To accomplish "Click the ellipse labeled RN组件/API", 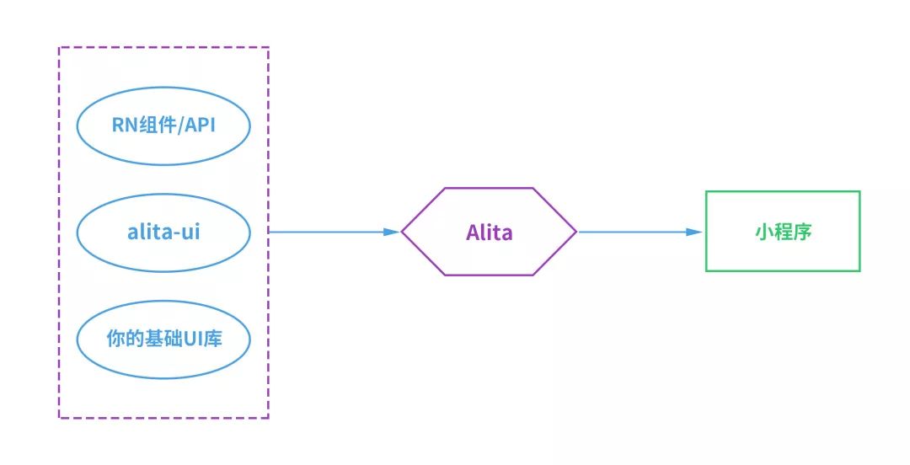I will coord(163,126).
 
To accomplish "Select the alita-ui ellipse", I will coord(163,232).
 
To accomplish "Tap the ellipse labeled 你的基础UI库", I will coord(163,338).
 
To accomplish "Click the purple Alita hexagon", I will coord(489,232).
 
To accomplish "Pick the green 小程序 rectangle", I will coord(783,231).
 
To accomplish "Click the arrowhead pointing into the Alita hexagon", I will coord(392,232).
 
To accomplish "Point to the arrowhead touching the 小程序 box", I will coord(695,232).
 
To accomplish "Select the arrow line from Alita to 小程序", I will coord(632,232).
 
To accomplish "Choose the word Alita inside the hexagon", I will coord(489,232).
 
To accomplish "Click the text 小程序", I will coord(783,232).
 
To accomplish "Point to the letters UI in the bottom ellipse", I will coord(195,339).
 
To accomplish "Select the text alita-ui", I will coord(163,232).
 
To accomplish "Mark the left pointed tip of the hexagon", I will coord(402,232).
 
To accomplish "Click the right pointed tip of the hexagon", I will coord(576,232).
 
